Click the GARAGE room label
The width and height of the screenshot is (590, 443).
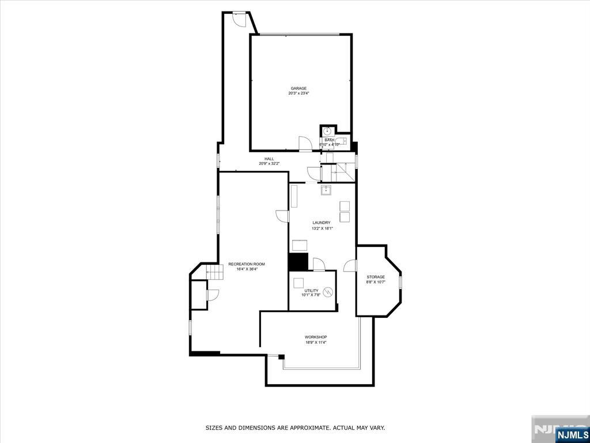[x=298, y=88]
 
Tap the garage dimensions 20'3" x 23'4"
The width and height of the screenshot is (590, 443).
[x=298, y=93]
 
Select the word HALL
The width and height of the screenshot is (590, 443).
[x=269, y=159]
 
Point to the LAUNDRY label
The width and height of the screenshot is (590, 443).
[x=322, y=223]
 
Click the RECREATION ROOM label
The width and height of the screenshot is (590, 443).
[x=247, y=264]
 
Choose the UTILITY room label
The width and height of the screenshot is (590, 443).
[x=312, y=291]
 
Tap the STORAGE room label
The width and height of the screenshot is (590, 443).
[x=376, y=277]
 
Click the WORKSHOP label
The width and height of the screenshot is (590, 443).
[x=316, y=337]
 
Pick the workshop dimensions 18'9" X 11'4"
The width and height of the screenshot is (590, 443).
[x=316, y=343]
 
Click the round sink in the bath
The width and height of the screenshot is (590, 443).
[x=327, y=132]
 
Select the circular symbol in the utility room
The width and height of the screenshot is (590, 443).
[x=328, y=292]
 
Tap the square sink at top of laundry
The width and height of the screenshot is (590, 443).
[x=326, y=190]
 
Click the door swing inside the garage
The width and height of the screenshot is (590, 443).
[x=305, y=144]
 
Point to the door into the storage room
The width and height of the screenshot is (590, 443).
[x=350, y=265]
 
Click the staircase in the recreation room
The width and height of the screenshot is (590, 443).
[x=214, y=272]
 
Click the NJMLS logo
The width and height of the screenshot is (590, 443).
[x=572, y=434]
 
